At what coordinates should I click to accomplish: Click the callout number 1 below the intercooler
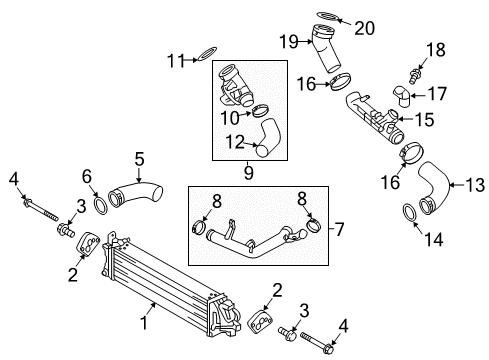(x=144, y=323)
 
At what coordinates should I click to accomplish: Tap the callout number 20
(x=364, y=28)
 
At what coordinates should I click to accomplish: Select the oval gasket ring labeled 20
(x=328, y=17)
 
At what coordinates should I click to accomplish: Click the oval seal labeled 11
(x=207, y=54)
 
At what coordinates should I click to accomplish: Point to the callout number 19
(x=288, y=42)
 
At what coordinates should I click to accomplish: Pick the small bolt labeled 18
(x=414, y=76)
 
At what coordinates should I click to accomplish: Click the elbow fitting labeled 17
(x=402, y=96)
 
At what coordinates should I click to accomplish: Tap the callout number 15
(x=425, y=120)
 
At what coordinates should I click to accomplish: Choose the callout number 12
(x=235, y=142)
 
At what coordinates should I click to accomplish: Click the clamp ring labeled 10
(x=260, y=110)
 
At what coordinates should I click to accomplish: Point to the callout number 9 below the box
(x=249, y=173)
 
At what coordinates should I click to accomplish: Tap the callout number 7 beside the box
(x=339, y=229)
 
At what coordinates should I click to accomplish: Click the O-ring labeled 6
(x=100, y=206)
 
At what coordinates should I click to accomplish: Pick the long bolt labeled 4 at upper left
(x=40, y=210)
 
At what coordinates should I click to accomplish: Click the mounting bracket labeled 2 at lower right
(x=260, y=321)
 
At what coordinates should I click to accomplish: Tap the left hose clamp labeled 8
(x=199, y=227)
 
